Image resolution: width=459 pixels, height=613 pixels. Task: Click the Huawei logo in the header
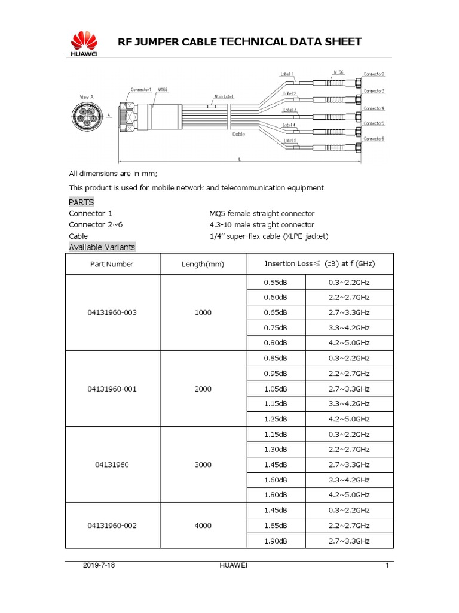84,44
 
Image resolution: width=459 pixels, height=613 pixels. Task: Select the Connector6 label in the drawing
375,138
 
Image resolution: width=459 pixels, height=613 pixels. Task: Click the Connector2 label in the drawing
375,74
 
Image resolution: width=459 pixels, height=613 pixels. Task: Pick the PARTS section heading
81,202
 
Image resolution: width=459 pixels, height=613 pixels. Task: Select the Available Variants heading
102,247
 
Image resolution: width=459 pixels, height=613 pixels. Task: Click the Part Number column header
112,264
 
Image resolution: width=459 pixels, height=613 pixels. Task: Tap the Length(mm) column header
203,264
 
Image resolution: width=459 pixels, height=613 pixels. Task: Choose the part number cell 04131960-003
112,312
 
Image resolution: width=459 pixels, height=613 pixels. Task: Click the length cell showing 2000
203,389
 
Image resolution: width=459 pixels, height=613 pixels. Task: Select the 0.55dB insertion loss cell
276,282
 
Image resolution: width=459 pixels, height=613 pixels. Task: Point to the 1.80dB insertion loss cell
276,495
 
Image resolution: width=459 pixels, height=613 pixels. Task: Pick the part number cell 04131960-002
112,526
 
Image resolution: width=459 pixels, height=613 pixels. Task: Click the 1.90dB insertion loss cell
276,541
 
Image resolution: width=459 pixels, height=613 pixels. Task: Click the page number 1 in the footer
387,566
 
